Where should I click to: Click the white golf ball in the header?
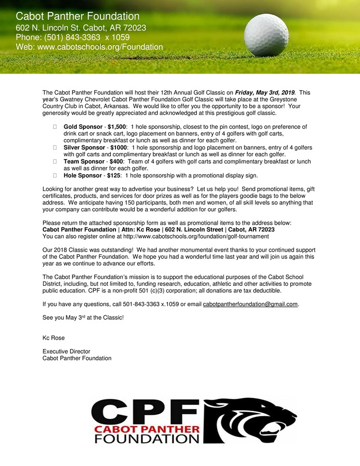click(x=266, y=35)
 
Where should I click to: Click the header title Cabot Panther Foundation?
click(x=78, y=17)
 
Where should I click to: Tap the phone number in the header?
click(x=73, y=37)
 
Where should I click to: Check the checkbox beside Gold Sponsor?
click(x=55, y=127)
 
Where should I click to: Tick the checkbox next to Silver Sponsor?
click(x=55, y=148)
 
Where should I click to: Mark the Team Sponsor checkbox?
click(x=55, y=162)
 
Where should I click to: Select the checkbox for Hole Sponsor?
click(x=55, y=176)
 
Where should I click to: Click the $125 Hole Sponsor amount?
click(x=112, y=176)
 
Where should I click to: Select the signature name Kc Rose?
click(x=53, y=338)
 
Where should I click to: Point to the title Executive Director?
click(x=66, y=351)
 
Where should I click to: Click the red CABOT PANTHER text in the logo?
click(x=147, y=429)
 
